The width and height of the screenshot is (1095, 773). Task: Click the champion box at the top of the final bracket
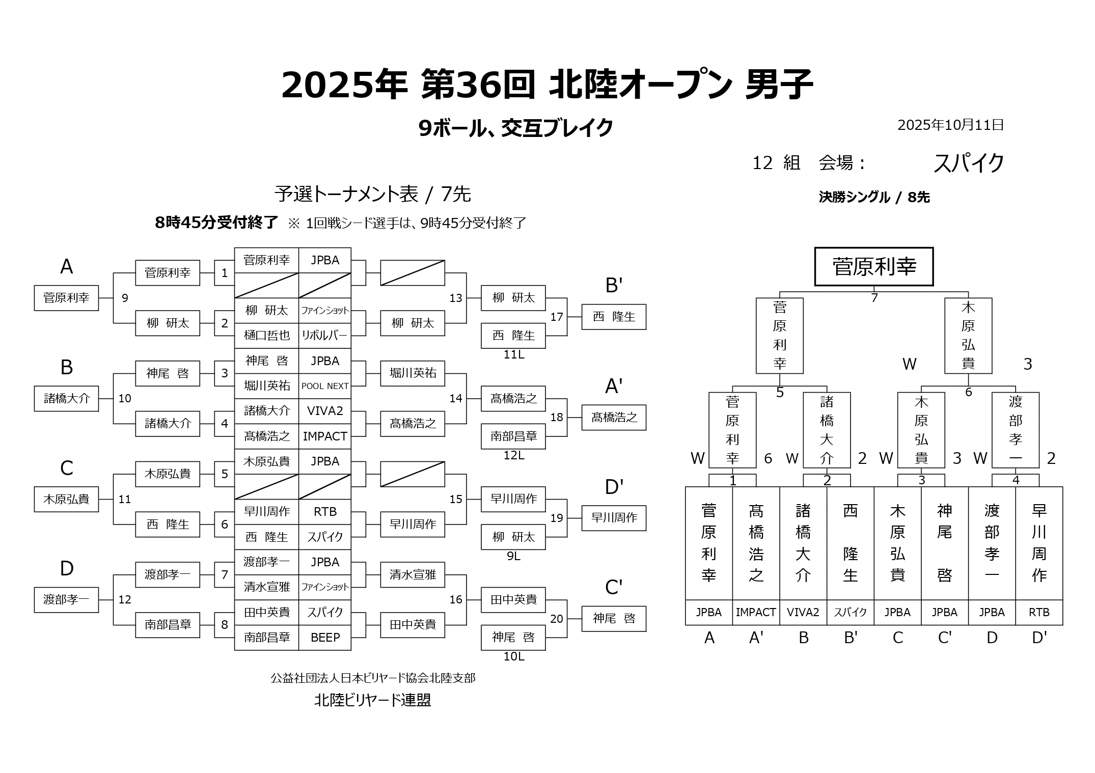(873, 267)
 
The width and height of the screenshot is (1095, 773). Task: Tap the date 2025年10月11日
(950, 125)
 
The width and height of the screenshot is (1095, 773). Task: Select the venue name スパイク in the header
(968, 163)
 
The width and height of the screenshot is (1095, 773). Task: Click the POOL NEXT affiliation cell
(325, 386)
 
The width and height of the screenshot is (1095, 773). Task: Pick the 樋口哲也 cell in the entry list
(266, 336)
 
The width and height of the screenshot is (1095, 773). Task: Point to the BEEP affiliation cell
(325, 638)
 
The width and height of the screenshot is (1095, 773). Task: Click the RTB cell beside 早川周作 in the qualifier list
(325, 512)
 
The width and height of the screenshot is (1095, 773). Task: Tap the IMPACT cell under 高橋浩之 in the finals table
(756, 613)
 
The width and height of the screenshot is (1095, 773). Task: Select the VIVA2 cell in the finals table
(803, 613)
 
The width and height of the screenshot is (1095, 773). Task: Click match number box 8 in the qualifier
(225, 625)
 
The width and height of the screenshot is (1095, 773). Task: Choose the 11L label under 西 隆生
(513, 355)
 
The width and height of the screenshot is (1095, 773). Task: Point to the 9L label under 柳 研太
(513, 556)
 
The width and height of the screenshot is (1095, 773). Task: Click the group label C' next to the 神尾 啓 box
(614, 588)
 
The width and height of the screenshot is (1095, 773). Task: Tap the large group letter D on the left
(67, 568)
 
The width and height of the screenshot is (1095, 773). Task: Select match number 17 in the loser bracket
(557, 317)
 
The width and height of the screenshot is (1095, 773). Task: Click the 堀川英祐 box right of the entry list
(413, 373)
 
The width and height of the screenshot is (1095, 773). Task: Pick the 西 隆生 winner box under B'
(614, 317)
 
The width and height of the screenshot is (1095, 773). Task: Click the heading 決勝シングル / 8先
(874, 197)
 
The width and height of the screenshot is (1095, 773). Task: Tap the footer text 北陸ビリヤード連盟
(372, 700)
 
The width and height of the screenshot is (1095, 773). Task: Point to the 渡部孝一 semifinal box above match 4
(1015, 430)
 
